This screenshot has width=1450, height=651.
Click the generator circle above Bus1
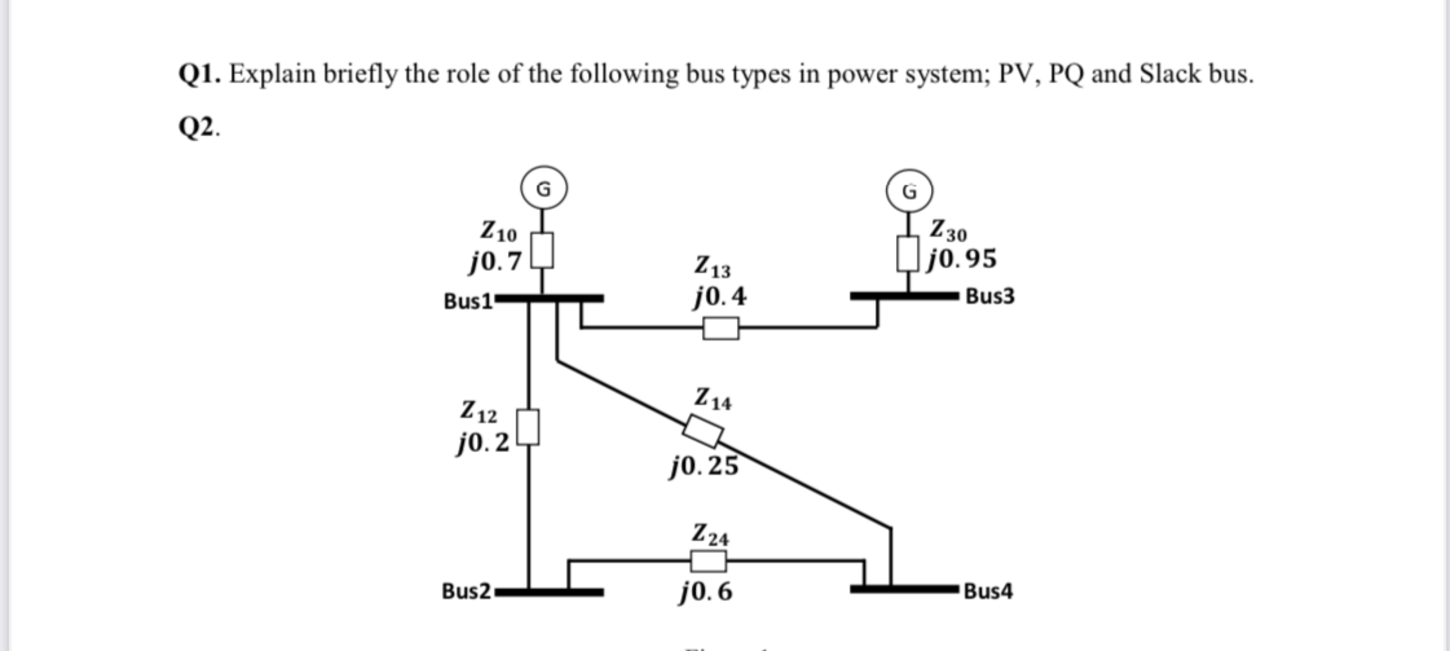click(x=543, y=188)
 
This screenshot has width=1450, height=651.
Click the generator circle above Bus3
click(x=909, y=191)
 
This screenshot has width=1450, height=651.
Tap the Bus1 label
click(x=468, y=301)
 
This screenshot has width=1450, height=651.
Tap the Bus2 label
click(x=466, y=591)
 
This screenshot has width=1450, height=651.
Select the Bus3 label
click(x=990, y=296)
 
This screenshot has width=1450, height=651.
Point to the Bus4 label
click(x=988, y=591)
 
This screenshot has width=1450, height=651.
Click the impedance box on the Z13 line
click(x=720, y=328)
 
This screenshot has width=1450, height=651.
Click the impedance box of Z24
click(x=708, y=561)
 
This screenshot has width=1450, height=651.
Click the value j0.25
click(x=704, y=466)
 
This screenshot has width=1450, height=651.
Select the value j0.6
click(x=706, y=591)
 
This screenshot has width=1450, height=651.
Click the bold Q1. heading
click(x=199, y=74)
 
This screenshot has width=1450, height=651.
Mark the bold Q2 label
click(x=197, y=127)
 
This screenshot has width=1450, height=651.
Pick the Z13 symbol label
click(x=712, y=266)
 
